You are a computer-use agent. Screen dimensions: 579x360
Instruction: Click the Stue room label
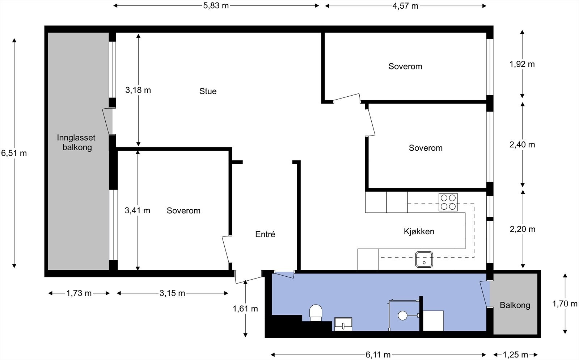pyautogui.click(x=208, y=91)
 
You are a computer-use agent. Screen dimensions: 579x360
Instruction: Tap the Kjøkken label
pyautogui.click(x=419, y=231)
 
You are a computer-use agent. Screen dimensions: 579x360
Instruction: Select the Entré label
pyautogui.click(x=265, y=234)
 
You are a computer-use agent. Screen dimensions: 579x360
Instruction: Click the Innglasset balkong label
pyautogui.click(x=76, y=142)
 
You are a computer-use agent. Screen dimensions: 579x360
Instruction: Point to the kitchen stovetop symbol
pyautogui.click(x=448, y=202)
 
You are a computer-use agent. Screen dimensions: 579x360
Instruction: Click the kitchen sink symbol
pyautogui.click(x=424, y=259)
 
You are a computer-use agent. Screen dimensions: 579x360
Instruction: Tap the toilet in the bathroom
pyautogui.click(x=316, y=313)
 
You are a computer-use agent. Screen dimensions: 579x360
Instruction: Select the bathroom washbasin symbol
pyautogui.click(x=343, y=324)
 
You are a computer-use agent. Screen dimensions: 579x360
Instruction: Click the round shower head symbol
pyautogui.click(x=402, y=315)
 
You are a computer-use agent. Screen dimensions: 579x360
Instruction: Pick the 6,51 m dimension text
pyautogui.click(x=14, y=153)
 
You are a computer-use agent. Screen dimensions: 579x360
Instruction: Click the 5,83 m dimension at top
pyautogui.click(x=216, y=6)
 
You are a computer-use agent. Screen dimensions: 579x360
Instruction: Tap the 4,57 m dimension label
pyautogui.click(x=405, y=6)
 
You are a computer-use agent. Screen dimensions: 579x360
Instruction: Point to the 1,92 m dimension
pyautogui.click(x=522, y=64)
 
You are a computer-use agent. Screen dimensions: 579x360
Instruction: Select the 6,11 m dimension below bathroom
pyautogui.click(x=378, y=355)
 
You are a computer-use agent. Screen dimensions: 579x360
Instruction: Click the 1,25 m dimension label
pyautogui.click(x=515, y=355)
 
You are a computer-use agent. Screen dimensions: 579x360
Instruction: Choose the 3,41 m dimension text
pyautogui.click(x=138, y=210)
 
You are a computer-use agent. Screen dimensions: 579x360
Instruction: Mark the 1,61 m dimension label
pyautogui.click(x=245, y=309)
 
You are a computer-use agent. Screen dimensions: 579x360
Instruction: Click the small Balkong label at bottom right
pyautogui.click(x=515, y=305)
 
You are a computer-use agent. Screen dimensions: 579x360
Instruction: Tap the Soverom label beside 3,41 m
pyautogui.click(x=183, y=211)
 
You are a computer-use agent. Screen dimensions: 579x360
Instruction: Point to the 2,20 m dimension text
pyautogui.click(x=523, y=229)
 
